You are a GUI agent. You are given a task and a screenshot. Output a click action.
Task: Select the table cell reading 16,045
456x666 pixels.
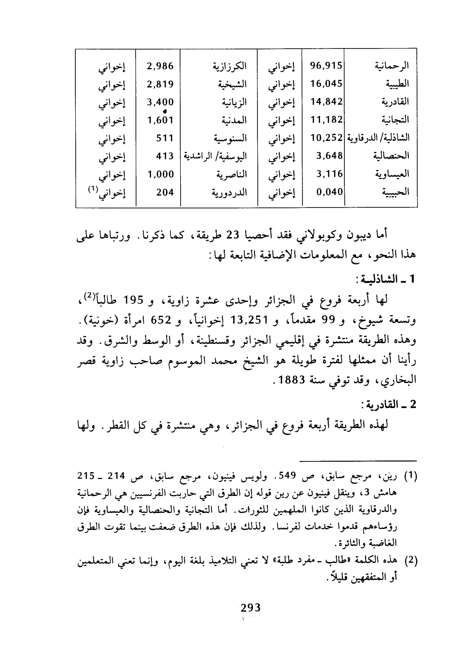coord(326,84)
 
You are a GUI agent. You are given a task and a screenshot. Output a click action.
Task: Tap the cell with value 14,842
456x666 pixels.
coord(326,102)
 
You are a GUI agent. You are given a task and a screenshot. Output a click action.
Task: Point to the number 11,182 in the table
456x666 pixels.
coord(326,120)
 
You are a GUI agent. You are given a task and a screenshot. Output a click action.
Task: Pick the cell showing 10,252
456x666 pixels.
coord(326,138)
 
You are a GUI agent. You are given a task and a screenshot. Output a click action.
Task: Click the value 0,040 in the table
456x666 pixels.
coord(329,192)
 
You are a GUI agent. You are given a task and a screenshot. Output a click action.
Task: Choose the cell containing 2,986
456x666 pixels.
coord(160,67)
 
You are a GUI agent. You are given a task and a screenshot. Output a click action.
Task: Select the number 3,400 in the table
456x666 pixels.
coord(160,102)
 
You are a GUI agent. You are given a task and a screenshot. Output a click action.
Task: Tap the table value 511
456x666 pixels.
coord(165,138)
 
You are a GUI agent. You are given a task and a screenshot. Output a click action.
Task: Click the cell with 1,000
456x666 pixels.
coord(160,174)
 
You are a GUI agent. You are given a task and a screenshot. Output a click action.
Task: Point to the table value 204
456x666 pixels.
coord(165,192)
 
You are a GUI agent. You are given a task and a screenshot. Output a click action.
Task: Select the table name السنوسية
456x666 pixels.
coord(228,138)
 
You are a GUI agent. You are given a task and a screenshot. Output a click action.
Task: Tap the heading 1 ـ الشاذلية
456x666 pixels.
coord(384,280)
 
